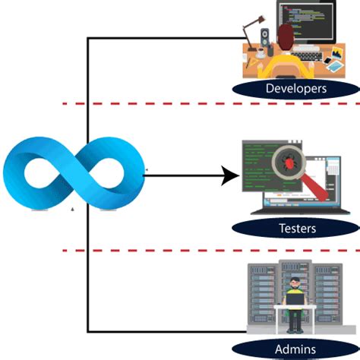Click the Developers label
tap(296, 89)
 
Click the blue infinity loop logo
tap(73, 173)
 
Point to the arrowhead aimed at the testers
tap(228, 178)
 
